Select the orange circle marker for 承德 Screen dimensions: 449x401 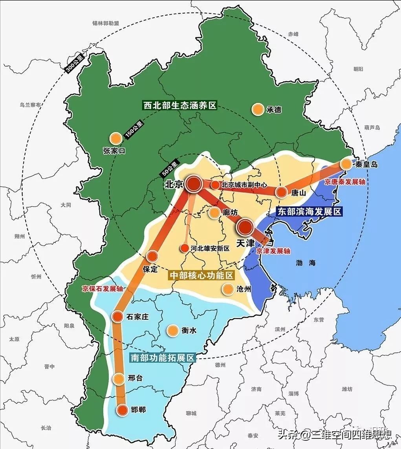coord(258,109)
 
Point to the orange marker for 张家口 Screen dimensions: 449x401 coord(115,138)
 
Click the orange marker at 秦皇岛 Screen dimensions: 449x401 coord(346,164)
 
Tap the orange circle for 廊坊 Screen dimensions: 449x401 coord(214,213)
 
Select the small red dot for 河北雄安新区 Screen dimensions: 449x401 coord(184,248)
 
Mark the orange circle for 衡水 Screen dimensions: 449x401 coord(172,331)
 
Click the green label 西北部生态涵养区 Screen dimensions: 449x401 coord(180,105)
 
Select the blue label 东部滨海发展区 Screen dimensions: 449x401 coord(309,211)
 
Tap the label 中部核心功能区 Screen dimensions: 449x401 coord(201,275)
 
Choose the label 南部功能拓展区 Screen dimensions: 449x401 coord(162,358)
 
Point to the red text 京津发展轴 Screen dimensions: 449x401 coord(273,251)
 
